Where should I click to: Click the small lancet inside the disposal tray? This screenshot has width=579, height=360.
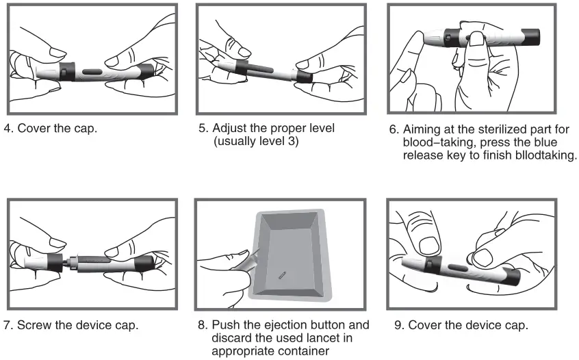tap(281, 274)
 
